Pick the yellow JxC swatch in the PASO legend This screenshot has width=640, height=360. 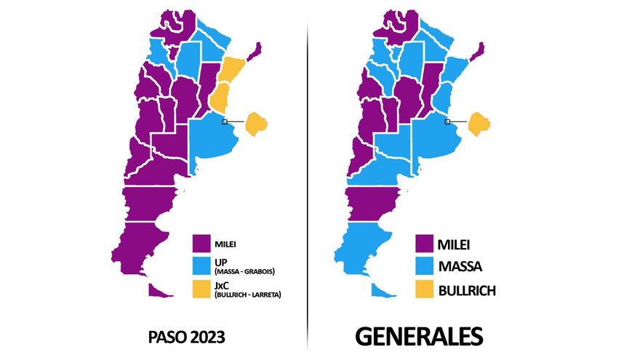pos(202,289)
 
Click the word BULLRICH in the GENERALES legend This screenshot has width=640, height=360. pos(467,290)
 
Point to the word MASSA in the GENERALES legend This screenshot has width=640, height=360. pos(461,267)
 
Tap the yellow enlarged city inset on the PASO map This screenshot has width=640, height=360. pos(257,124)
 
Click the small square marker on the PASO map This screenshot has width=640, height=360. pos(225,121)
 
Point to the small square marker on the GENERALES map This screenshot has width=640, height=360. pos(447,121)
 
